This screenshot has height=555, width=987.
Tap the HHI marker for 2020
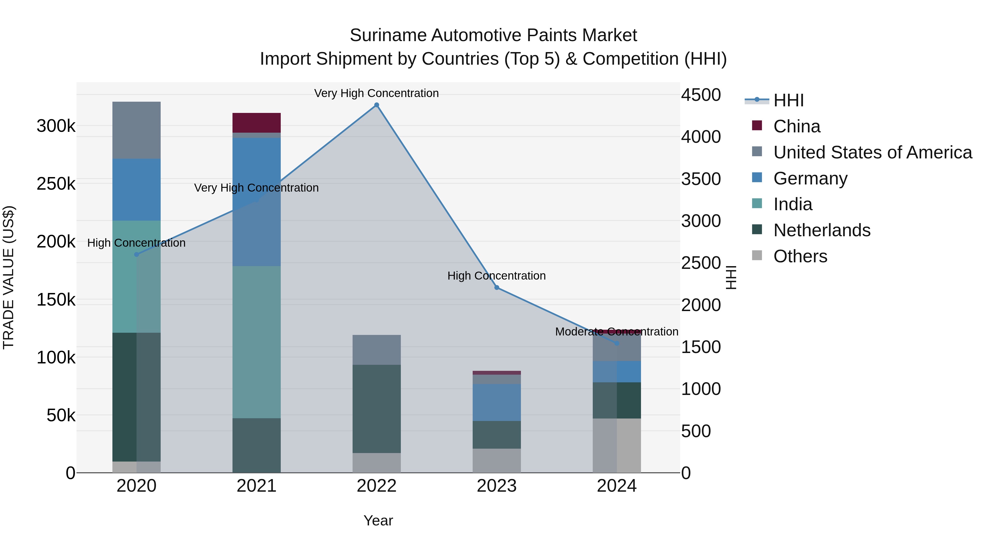coord(137,254)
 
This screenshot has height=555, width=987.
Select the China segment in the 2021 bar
coord(256,123)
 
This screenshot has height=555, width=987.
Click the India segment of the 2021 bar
coord(256,342)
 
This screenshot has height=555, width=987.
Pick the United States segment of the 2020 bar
coord(137,130)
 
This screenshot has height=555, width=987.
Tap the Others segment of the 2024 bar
coord(617,445)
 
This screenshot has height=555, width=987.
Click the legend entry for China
coord(796,126)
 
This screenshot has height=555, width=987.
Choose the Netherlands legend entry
coord(821,230)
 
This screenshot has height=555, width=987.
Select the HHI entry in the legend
coord(788,100)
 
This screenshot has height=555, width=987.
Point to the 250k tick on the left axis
coord(56,184)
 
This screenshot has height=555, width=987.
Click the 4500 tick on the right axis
coord(701,95)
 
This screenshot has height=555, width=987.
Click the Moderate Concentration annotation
coord(617,332)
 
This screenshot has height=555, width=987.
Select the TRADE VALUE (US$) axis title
coord(8,277)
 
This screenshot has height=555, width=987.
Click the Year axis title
coord(378,520)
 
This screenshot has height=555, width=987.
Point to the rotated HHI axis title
coord(731,277)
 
